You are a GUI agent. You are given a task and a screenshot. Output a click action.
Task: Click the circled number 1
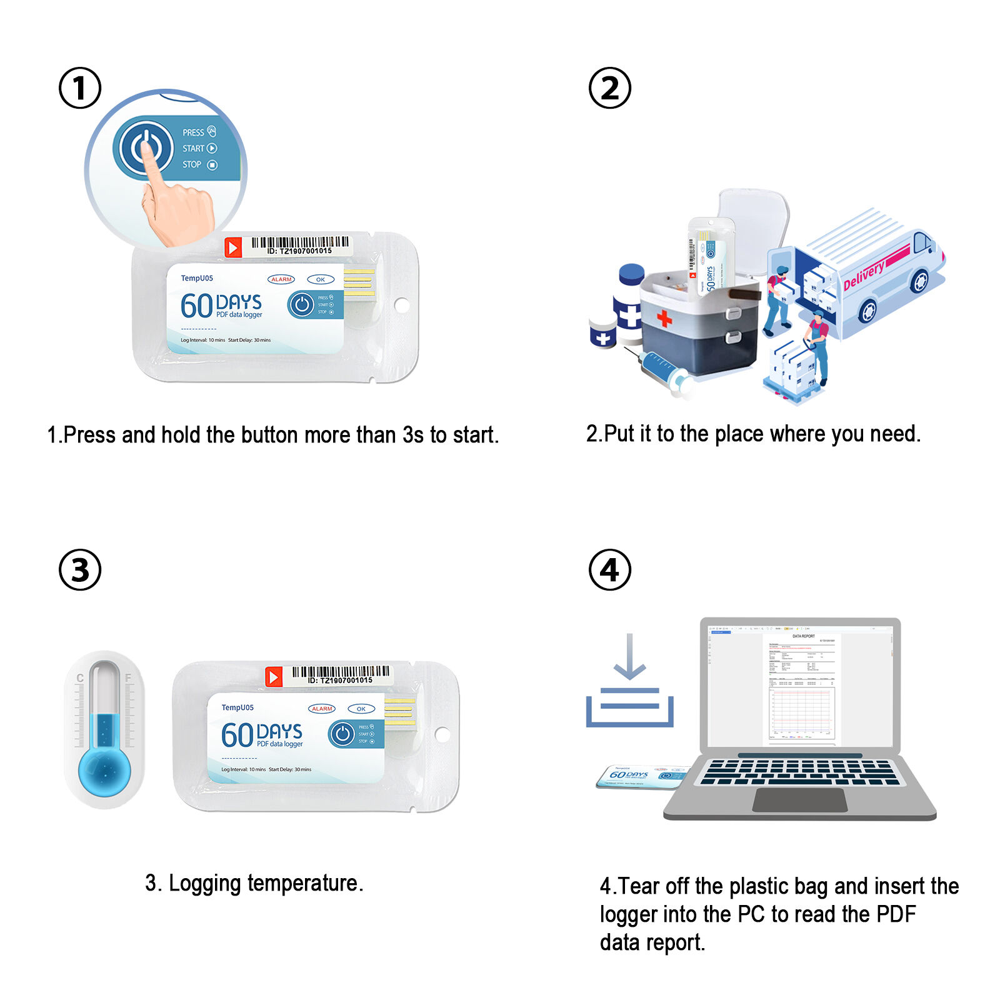click(79, 88)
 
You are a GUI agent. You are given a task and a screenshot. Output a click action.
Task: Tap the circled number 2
click(609, 88)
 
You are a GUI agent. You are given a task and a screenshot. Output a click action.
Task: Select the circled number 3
click(79, 570)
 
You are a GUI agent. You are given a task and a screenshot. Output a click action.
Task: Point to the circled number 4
click(609, 570)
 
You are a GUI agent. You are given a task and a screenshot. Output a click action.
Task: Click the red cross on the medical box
click(664, 319)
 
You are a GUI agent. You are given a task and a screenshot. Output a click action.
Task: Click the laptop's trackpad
click(799, 800)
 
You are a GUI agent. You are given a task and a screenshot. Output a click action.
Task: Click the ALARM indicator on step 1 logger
click(281, 279)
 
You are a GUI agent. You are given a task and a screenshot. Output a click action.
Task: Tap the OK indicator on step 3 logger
click(361, 709)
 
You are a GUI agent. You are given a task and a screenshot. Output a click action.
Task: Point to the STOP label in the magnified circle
click(192, 164)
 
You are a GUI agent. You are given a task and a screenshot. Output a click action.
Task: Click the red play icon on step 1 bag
click(233, 247)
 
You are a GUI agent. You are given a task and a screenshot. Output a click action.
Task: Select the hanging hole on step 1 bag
click(402, 305)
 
